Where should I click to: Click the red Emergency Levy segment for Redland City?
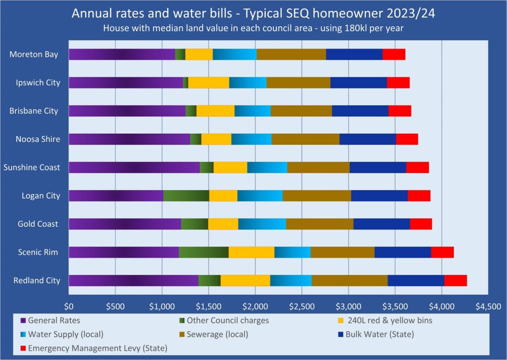click(455, 280)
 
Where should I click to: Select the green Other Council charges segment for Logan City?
click(186, 196)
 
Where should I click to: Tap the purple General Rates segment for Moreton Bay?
click(122, 54)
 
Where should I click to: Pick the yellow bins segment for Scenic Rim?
click(252, 252)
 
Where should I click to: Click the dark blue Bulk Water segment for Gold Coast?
click(382, 224)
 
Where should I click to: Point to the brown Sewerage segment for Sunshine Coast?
click(318, 167)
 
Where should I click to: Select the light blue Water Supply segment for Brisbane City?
click(253, 111)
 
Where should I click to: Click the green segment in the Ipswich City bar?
click(186, 83)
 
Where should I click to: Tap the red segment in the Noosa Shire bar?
click(407, 139)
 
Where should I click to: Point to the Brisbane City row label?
click(34, 111)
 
